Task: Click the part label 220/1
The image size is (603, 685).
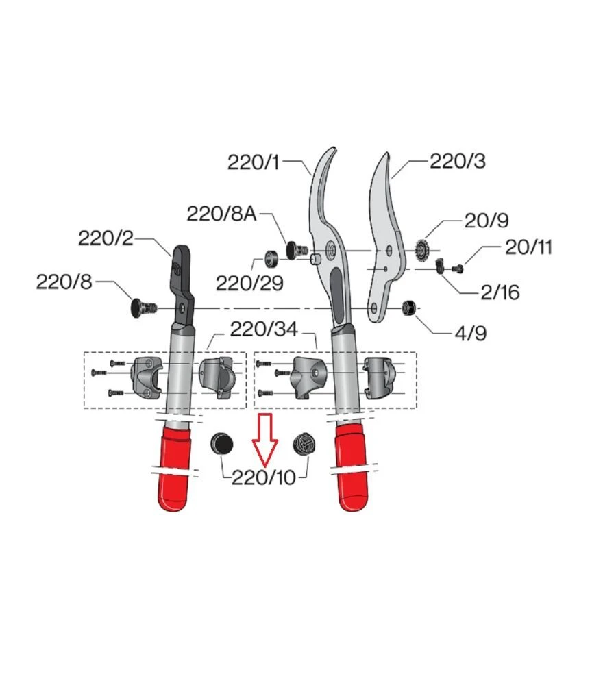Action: point(253,162)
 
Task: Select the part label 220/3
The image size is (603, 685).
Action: point(458,161)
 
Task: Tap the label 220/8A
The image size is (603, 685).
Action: point(221,214)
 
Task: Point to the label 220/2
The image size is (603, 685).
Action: point(106,238)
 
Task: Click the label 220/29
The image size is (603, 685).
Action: point(249,284)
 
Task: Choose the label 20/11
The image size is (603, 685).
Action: point(529,247)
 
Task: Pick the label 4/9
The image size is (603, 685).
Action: point(471,334)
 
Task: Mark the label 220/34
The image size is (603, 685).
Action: point(264,329)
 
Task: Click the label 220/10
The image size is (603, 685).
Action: point(264,477)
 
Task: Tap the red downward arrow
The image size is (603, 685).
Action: point(264,438)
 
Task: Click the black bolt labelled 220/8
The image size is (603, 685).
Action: point(144,307)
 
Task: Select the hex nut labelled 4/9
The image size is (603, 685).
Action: point(408,307)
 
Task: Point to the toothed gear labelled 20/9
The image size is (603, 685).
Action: point(421,251)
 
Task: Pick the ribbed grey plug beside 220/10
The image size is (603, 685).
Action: point(304,444)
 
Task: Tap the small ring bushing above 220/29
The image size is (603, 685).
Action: point(271,258)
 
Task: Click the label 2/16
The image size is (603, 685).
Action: point(500,292)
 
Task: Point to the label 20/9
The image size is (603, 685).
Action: point(487,221)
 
